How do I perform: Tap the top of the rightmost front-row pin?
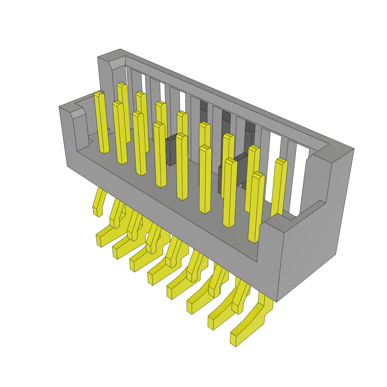(x=258, y=175)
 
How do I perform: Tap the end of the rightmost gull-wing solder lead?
(x=234, y=340)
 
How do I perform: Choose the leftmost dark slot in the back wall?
(x=203, y=108)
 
